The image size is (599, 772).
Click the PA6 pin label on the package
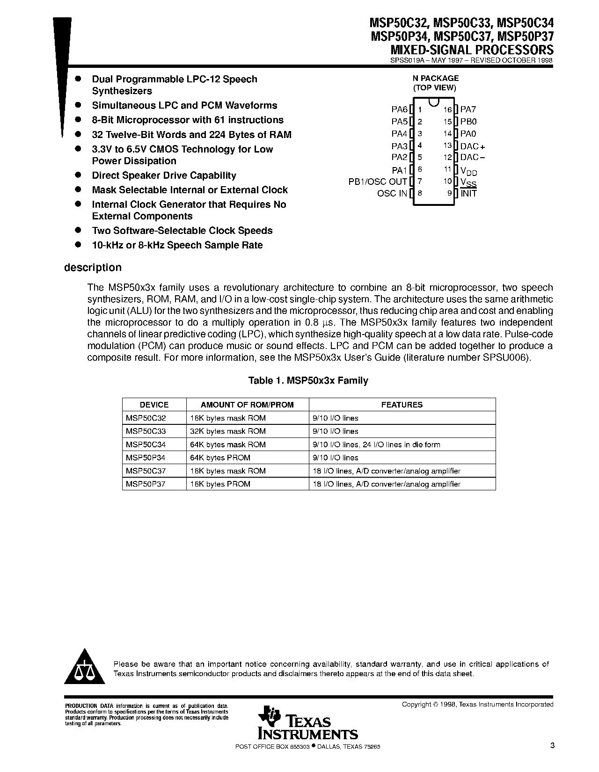pyautogui.click(x=400, y=109)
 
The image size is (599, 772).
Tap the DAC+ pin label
pyautogui.click(x=473, y=146)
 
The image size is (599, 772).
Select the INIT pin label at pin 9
pyautogui.click(x=468, y=193)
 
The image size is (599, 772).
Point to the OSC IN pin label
pyautogui.click(x=392, y=193)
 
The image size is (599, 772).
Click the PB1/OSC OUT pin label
pyautogui.click(x=378, y=182)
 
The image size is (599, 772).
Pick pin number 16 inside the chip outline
pyautogui.click(x=448, y=109)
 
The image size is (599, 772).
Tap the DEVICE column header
pyautogui.click(x=154, y=405)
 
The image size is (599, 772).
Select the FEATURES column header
pyautogui.click(x=402, y=405)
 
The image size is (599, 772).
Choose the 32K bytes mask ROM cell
pyautogui.click(x=228, y=431)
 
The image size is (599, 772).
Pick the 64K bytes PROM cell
pyautogui.click(x=220, y=458)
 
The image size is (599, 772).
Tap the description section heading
pyautogui.click(x=93, y=268)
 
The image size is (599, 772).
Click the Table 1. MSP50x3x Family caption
pyautogui.click(x=308, y=381)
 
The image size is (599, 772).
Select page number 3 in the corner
pyautogui.click(x=552, y=745)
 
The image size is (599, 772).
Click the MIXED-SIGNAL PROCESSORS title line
pyautogui.click(x=472, y=50)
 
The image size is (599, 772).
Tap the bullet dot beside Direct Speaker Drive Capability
pyautogui.click(x=79, y=175)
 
